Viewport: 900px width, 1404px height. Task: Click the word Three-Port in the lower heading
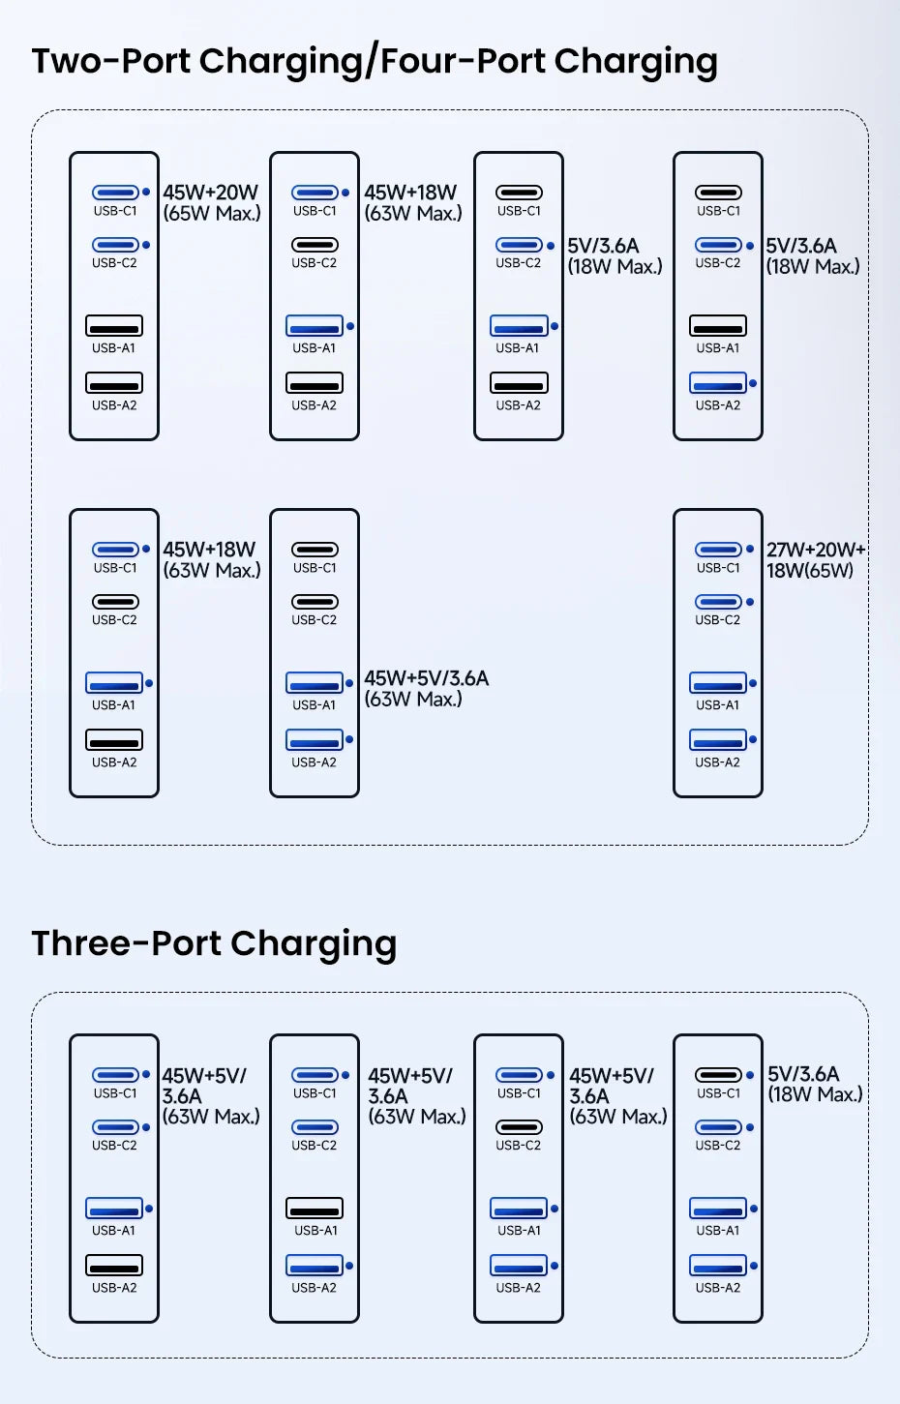tap(128, 943)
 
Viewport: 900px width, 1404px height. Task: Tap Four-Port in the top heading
tap(465, 61)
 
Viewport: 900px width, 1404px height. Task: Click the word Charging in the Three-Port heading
tap(314, 945)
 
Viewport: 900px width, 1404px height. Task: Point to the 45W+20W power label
tap(210, 193)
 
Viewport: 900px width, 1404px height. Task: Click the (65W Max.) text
tap(212, 214)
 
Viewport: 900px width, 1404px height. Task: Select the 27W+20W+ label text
tap(815, 550)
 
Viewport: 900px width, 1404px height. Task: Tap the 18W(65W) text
tap(809, 571)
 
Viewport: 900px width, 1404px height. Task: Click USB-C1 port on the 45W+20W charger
tap(114, 193)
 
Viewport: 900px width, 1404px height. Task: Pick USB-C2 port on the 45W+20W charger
tap(114, 245)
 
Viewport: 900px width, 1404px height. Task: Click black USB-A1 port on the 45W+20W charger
tap(114, 326)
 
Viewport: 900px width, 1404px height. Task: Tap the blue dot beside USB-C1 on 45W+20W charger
tap(146, 193)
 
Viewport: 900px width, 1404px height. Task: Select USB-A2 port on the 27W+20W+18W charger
tap(717, 740)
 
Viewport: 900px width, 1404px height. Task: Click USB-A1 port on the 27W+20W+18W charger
tap(717, 683)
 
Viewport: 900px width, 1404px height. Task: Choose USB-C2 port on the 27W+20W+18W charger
tap(717, 602)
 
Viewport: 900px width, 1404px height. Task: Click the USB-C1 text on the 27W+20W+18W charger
tap(717, 568)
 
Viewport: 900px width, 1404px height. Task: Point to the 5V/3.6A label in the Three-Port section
tap(803, 1074)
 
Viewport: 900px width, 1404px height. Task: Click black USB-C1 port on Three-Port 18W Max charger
tap(717, 1075)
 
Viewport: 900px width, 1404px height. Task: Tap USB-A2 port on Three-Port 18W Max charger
tap(717, 1266)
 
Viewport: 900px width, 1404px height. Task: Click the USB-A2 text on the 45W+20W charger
tap(114, 405)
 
